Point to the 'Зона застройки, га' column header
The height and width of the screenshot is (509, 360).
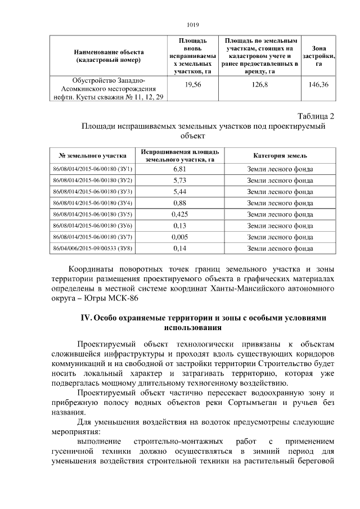319,56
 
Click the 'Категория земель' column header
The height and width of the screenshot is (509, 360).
280,156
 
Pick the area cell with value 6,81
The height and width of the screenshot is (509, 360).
180,169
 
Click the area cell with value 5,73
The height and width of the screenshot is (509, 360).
180,181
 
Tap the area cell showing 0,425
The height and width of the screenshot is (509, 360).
180,214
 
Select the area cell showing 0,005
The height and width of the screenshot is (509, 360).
180,237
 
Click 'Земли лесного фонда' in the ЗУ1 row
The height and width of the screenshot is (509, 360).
280,169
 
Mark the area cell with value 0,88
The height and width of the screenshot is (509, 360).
180,203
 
